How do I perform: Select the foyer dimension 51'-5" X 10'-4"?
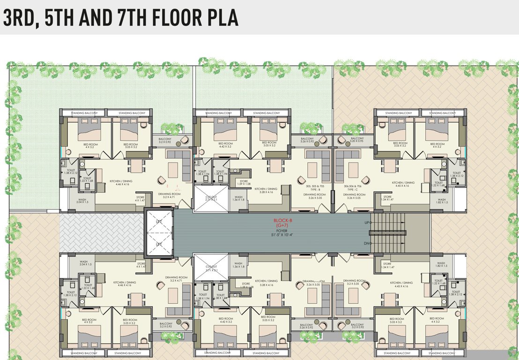pyautogui.click(x=282, y=235)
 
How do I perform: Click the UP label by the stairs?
pyautogui.click(x=367, y=222)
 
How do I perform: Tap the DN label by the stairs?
pyautogui.click(x=367, y=243)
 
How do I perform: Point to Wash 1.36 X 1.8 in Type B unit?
pyautogui.click(x=239, y=198)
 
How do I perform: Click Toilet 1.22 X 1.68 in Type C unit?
pyautogui.click(x=438, y=184)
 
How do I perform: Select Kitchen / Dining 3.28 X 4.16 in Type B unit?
pyautogui.click(x=266, y=190)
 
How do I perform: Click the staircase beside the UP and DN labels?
pyautogui.click(x=388, y=232)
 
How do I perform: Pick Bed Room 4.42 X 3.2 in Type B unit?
pyautogui.click(x=225, y=145)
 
